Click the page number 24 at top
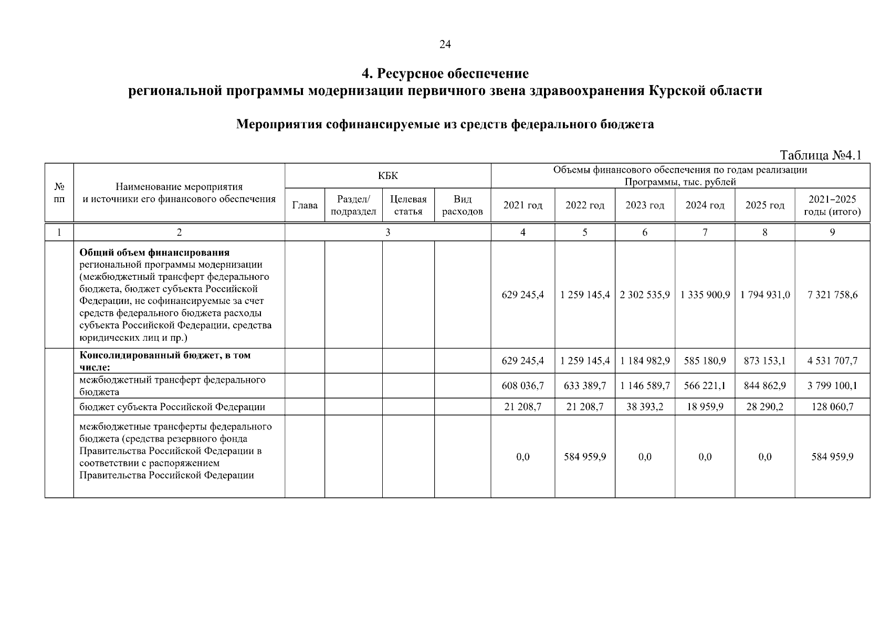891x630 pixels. click(x=445, y=45)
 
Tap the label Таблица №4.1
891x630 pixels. click(x=821, y=155)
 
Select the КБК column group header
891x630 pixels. click(x=387, y=176)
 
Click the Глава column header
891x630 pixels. click(x=305, y=205)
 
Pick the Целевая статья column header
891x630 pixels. click(x=408, y=205)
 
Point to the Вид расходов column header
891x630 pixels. click(x=462, y=205)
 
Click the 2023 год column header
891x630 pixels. click(x=644, y=205)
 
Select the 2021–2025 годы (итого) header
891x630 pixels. click(x=832, y=205)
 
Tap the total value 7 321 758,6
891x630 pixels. click(x=832, y=295)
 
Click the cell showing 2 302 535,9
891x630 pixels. click(x=644, y=295)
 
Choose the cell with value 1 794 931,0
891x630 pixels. click(x=764, y=295)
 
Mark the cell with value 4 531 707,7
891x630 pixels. click(x=832, y=361)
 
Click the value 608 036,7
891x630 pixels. click(x=522, y=386)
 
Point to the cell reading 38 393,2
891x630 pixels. click(x=644, y=407)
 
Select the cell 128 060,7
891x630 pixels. click(x=832, y=407)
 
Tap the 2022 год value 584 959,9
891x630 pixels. click(x=584, y=457)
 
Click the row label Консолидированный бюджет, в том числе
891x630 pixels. click(x=165, y=361)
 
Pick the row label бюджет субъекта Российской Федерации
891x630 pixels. click(x=172, y=407)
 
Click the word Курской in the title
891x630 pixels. click(x=673, y=91)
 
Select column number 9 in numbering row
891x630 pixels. click(x=832, y=232)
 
